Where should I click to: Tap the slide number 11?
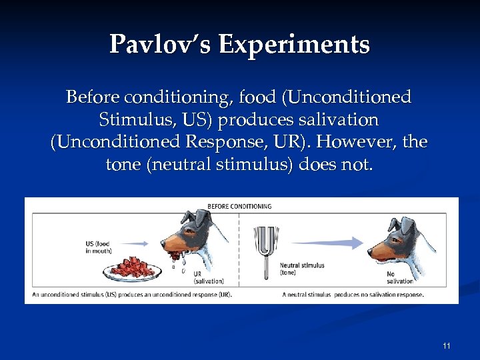[447, 345]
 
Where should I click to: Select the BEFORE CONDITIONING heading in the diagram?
[240, 206]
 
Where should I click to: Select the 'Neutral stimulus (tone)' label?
[301, 269]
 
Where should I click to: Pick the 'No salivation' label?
[401, 277]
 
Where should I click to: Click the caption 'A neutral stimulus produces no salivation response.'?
[353, 294]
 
